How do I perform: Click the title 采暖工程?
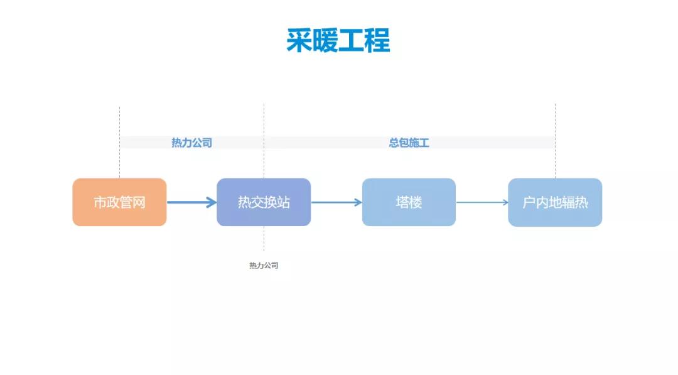338,40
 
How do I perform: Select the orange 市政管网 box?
119,202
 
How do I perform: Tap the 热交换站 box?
264,202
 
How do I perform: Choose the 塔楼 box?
409,202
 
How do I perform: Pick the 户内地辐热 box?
555,202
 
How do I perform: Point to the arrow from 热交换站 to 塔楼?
336,202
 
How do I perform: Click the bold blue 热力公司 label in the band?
191,143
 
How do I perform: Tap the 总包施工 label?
409,143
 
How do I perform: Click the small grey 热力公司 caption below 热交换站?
264,266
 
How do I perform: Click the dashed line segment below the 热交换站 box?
264,239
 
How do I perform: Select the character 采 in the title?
299,40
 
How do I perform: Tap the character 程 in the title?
377,40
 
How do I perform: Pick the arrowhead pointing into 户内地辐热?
504,202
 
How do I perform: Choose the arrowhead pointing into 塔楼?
358,202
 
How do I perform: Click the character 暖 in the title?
325,40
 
